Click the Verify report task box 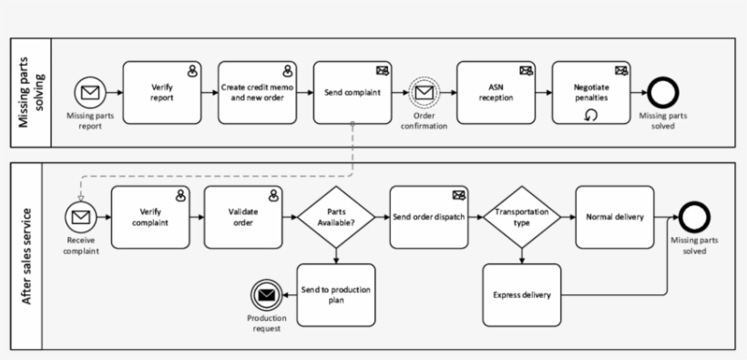point(162,92)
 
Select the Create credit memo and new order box point(258,92)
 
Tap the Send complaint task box point(353,92)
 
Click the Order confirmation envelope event point(425,92)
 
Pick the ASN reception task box point(496,92)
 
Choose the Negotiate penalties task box point(591,92)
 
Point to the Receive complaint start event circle point(80,217)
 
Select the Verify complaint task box point(149,217)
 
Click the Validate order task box point(243,217)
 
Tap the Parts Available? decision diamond point(336,217)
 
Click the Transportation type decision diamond point(521,217)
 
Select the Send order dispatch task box point(429,217)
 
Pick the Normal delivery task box point(614,217)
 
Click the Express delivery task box point(521,295)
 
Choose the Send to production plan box point(336,295)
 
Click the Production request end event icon point(266,295)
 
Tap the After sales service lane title point(26,256)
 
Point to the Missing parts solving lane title point(26,93)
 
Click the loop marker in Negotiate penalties point(591,115)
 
